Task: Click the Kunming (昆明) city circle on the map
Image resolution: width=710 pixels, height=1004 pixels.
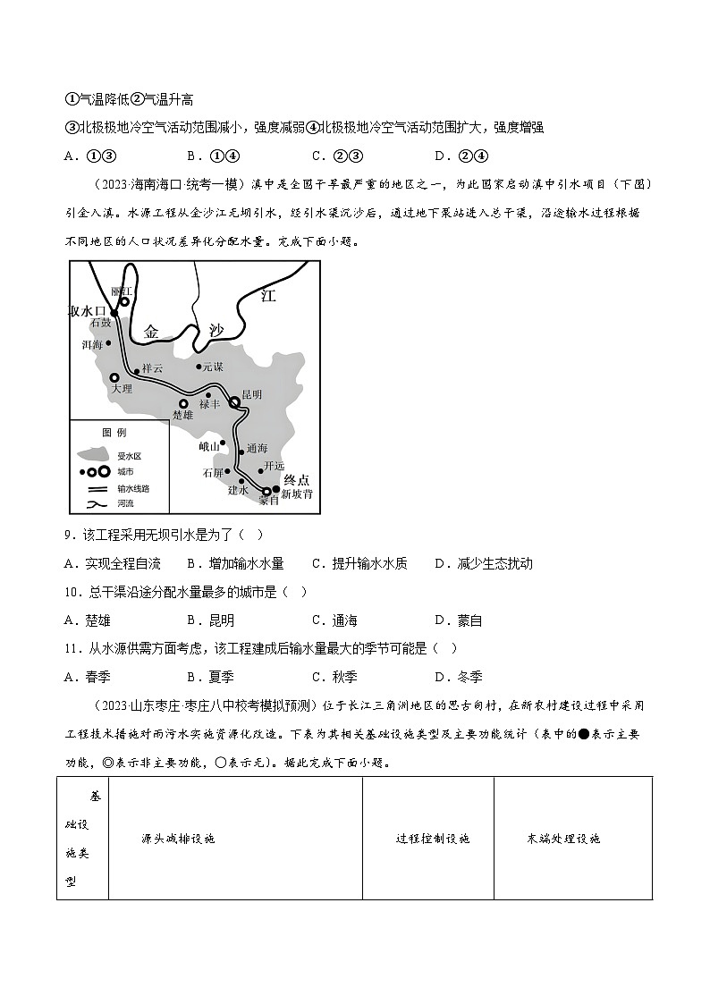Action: pyautogui.click(x=235, y=403)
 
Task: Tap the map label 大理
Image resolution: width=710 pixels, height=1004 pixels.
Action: pyautogui.click(x=121, y=389)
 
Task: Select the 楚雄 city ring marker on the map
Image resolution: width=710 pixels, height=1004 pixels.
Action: pyautogui.click(x=183, y=403)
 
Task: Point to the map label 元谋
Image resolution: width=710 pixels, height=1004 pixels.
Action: pyautogui.click(x=212, y=367)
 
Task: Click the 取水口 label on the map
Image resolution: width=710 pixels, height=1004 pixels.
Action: pyautogui.click(x=88, y=310)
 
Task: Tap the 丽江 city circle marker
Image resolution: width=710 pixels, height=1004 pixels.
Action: pyautogui.click(x=125, y=302)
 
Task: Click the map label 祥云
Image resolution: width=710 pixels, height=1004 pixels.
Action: pyautogui.click(x=152, y=368)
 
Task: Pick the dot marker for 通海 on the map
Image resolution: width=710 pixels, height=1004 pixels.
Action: pyautogui.click(x=241, y=452)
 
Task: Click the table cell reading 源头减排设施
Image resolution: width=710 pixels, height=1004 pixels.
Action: pyautogui.click(x=179, y=839)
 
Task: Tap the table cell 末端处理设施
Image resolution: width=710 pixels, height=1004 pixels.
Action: pyautogui.click(x=563, y=839)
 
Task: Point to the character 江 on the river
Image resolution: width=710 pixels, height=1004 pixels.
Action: pyautogui.click(x=265, y=296)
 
